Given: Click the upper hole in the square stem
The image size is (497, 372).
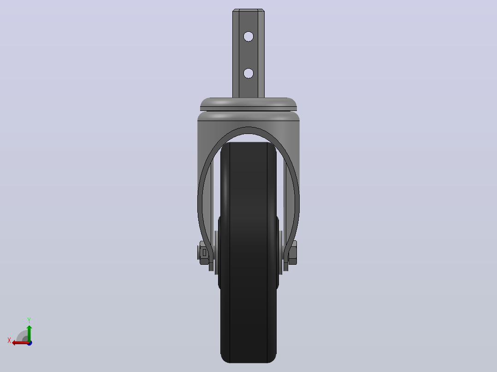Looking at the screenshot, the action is [248, 37].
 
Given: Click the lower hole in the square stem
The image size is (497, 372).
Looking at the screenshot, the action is [248, 74].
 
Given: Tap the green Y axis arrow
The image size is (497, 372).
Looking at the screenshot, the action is [29, 333].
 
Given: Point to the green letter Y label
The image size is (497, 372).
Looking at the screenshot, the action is [29, 320].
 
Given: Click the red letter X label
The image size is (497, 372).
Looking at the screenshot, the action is [9, 341].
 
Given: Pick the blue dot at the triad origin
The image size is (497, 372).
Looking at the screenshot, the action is [30, 343].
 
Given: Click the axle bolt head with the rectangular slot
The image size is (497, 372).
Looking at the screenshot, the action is [203, 253].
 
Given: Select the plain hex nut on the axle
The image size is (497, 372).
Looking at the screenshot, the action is [293, 253].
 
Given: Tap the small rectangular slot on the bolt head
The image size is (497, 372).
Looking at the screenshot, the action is [204, 253].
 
